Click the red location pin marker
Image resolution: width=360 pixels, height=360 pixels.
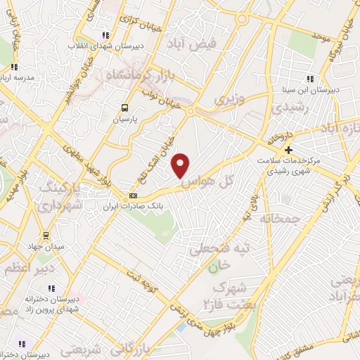[x=181, y=166]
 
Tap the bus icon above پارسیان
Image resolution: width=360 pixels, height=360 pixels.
[x=124, y=108]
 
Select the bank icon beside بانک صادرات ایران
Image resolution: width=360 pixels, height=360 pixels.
[x=133, y=195]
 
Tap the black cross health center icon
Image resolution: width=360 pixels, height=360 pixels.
[x=288, y=149]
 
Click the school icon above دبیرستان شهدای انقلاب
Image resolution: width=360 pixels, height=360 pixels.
[x=105, y=34]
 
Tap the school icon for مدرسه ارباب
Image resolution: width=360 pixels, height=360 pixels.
[x=12, y=68]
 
